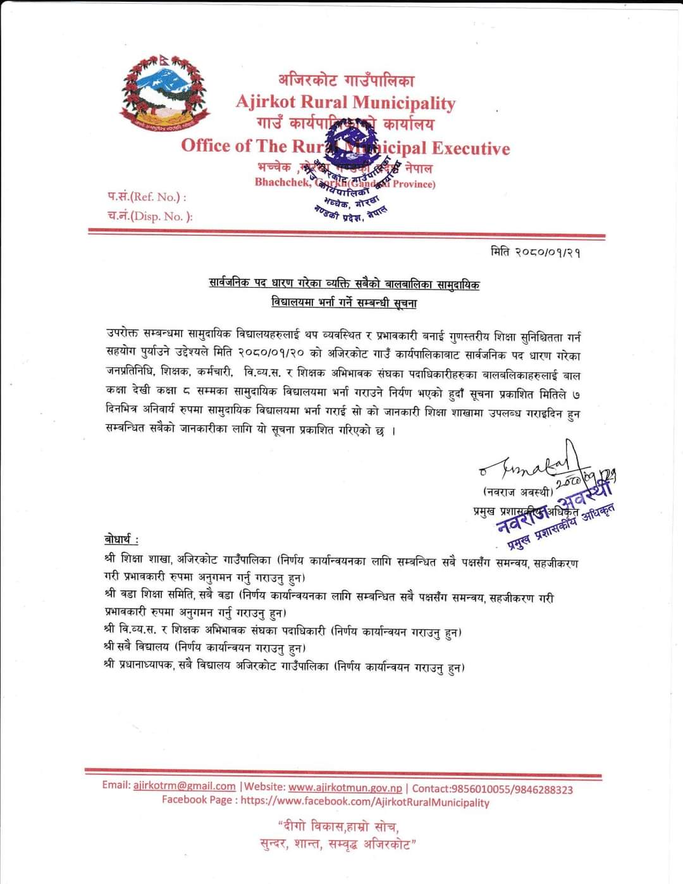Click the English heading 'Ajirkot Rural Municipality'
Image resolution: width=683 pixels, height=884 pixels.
click(345, 102)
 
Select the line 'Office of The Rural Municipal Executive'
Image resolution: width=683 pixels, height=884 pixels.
click(345, 147)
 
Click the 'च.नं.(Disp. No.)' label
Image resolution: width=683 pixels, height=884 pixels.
click(149, 216)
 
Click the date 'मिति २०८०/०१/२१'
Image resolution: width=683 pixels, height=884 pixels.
click(536, 252)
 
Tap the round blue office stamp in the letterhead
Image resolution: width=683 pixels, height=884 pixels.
click(352, 166)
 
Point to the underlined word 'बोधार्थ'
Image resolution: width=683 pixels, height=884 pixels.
click(121, 540)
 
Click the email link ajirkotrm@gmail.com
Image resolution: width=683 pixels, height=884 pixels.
click(185, 786)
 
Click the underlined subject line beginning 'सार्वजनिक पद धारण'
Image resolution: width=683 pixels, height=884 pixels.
click(345, 285)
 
